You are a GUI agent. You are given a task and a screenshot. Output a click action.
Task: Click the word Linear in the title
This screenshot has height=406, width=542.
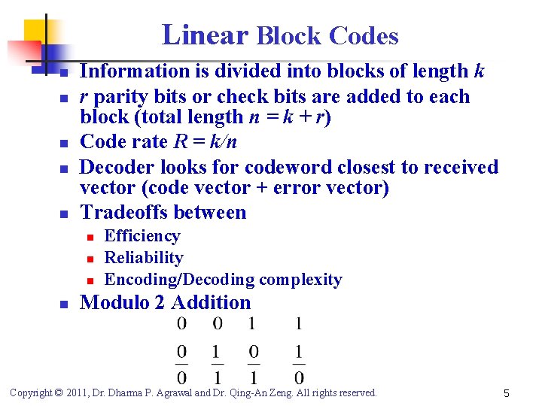[x=205, y=35]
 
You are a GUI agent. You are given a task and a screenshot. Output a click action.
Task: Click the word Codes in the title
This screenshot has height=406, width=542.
[x=364, y=35]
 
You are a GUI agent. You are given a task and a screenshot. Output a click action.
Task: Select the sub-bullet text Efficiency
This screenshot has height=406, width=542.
[x=142, y=236]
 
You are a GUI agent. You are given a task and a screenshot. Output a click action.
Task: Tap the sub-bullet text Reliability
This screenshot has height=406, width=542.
[x=144, y=258]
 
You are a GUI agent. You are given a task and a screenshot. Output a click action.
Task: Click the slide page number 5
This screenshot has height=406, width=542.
[x=507, y=392]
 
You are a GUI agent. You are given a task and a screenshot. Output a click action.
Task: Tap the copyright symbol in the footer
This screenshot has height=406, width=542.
[x=59, y=392]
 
